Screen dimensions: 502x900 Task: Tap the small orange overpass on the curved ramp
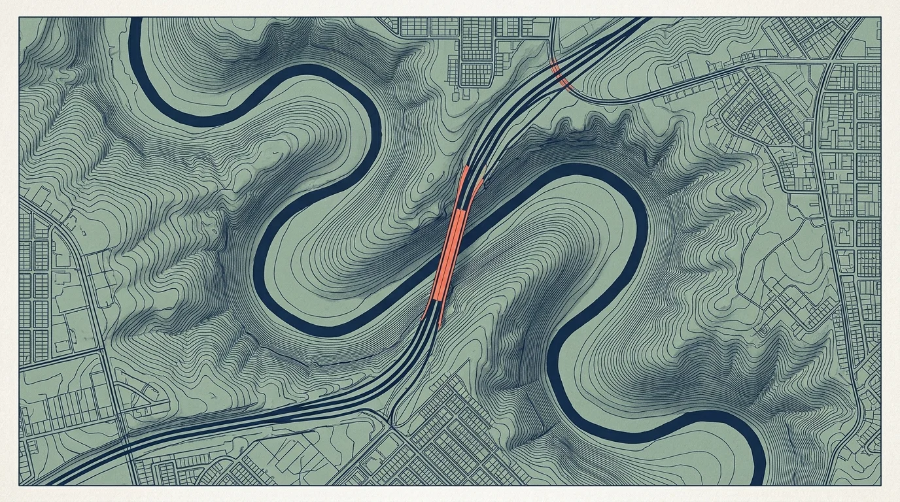click(561, 74)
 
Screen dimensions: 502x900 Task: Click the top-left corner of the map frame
click(19, 18)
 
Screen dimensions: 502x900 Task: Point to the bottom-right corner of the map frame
click(881, 485)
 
